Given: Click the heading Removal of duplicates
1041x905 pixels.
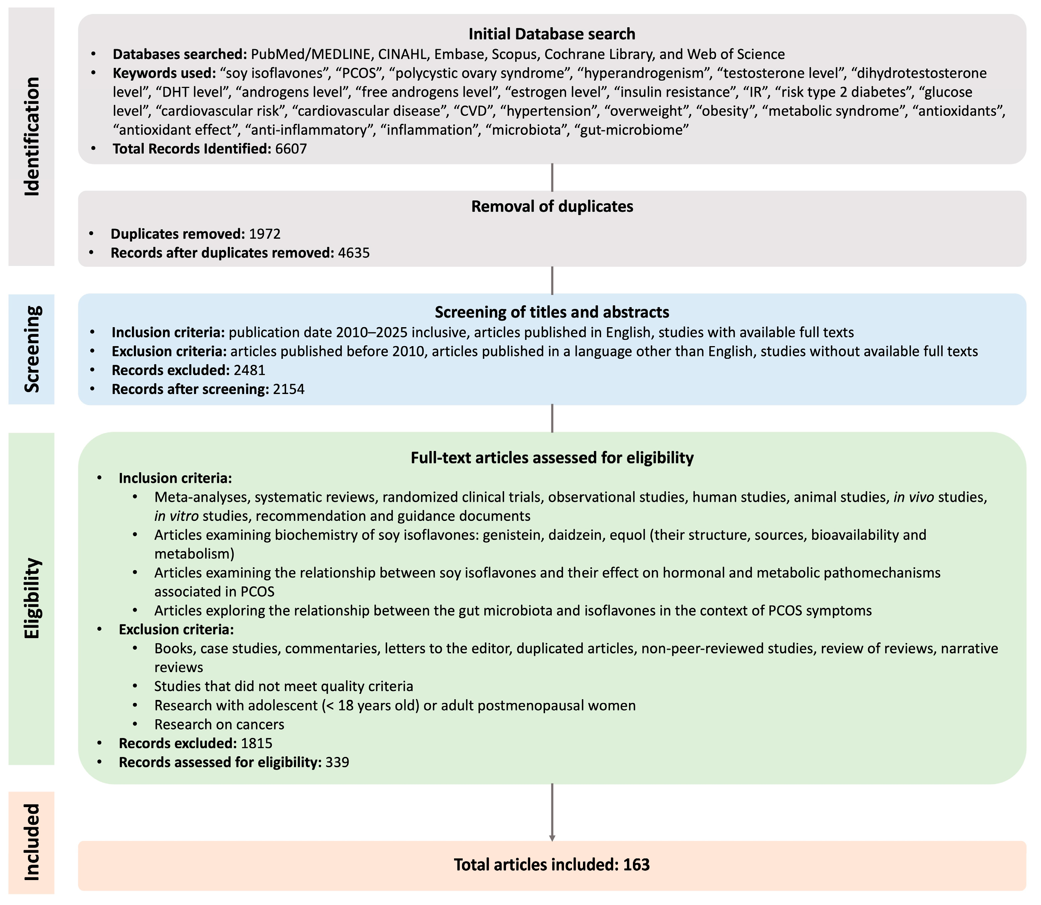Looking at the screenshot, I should [552, 207].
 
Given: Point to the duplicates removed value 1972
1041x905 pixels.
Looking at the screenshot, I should [265, 234].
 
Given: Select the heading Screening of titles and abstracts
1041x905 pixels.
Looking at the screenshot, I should [552, 312].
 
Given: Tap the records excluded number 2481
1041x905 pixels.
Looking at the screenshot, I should [250, 370].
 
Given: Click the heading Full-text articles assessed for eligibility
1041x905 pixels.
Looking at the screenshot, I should [552, 458].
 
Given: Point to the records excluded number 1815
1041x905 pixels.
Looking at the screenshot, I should [257, 743].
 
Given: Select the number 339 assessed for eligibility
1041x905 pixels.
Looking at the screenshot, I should [337, 762].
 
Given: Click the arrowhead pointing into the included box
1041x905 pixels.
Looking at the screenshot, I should [552, 838].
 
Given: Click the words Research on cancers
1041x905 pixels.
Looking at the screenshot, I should [219, 724].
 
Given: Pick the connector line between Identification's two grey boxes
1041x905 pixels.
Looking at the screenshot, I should [552, 177].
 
